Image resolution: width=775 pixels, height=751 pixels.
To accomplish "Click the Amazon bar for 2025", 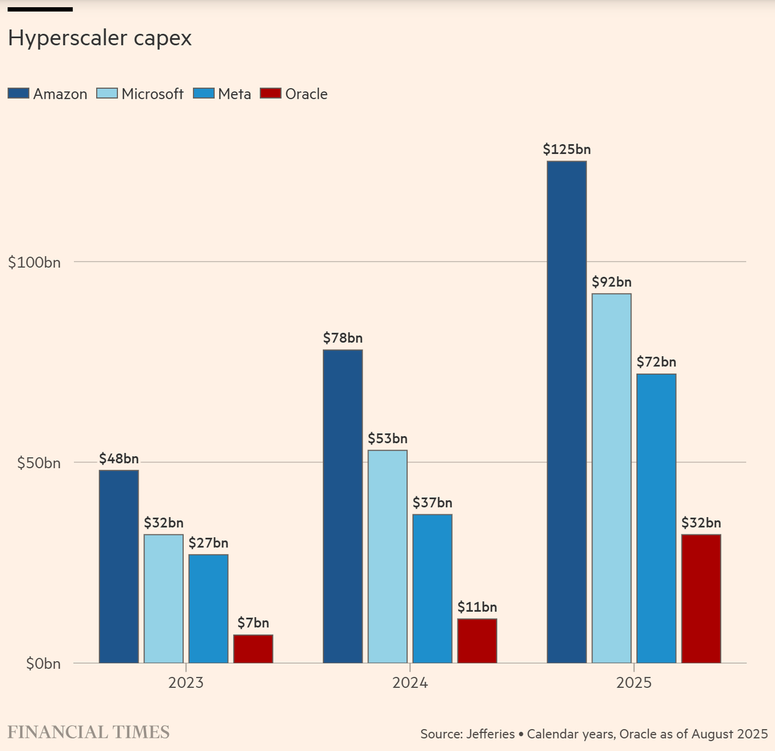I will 567,412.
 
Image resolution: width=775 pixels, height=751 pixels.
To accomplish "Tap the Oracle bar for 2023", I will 253,649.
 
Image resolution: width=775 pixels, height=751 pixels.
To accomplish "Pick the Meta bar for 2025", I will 656,518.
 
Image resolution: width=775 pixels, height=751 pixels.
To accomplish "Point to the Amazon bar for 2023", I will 119,566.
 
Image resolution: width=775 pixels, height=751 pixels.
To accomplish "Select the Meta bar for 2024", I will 432,588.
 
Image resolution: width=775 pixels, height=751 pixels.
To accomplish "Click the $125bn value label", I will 567,150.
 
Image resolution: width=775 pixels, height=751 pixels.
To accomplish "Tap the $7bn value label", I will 253,623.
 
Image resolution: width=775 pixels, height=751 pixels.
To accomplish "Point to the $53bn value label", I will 387,438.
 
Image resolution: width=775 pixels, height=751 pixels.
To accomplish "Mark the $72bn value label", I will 656,362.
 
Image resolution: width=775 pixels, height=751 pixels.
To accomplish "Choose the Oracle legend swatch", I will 271,94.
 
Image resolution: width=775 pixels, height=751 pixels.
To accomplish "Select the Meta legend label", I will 234,94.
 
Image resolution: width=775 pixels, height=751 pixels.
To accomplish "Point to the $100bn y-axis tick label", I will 34,262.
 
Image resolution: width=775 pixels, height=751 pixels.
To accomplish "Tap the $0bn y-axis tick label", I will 43,664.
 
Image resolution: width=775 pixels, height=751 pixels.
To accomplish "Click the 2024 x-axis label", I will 410,683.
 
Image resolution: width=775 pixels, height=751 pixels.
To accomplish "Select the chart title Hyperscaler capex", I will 100,38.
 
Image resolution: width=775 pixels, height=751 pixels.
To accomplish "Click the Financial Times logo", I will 88,732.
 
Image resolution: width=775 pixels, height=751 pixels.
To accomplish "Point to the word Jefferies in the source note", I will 490,734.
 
